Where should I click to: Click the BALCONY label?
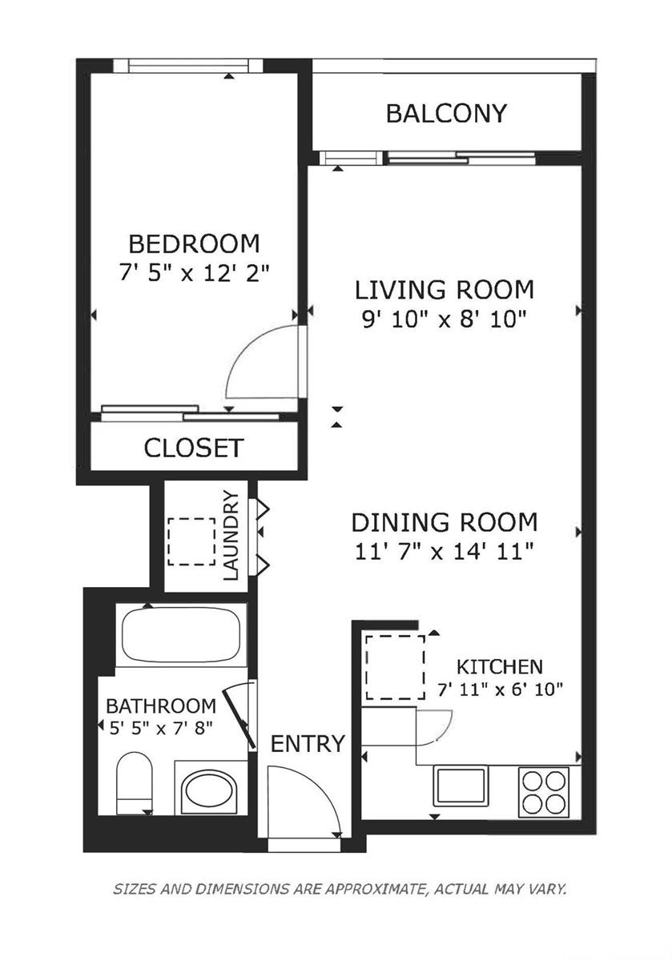[446, 114]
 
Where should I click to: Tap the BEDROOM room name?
[195, 243]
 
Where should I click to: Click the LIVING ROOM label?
[445, 289]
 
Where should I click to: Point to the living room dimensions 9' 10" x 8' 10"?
[444, 320]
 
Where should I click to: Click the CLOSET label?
[193, 448]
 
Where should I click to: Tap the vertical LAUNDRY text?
[231, 535]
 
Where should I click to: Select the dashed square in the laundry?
[191, 542]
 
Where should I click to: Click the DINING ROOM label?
[445, 523]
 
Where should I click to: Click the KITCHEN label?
[500, 666]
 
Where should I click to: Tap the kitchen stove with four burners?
[544, 792]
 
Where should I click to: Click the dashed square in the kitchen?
[395, 667]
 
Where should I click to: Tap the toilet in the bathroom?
[134, 784]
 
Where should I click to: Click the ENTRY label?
[308, 744]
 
